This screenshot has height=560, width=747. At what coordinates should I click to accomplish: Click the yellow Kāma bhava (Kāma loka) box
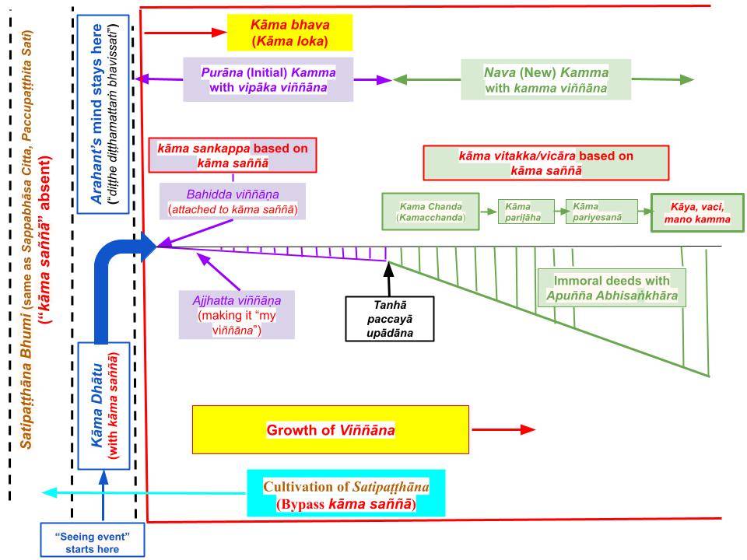[x=289, y=33]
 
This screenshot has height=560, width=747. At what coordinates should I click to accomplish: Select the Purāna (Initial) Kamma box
[x=268, y=79]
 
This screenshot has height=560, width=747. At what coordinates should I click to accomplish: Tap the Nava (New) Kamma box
[x=546, y=79]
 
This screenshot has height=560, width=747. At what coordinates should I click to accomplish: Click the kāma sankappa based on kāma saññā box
[x=233, y=156]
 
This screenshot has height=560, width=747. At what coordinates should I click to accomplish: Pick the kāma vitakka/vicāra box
[x=546, y=163]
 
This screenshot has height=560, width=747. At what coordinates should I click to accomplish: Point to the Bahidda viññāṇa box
[x=233, y=201]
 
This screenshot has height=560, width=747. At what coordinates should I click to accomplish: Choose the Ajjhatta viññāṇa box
[x=237, y=315]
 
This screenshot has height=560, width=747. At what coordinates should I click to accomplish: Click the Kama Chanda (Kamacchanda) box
[x=430, y=212]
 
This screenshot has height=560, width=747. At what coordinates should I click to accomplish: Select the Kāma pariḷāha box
[x=526, y=212]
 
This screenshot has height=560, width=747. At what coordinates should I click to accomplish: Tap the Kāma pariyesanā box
[x=601, y=212]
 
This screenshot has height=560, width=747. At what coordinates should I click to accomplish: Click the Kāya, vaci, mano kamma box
[x=697, y=213]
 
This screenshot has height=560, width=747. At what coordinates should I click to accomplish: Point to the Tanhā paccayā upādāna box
[x=390, y=319]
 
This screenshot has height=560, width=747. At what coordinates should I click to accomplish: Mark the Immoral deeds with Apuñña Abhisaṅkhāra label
[x=612, y=288]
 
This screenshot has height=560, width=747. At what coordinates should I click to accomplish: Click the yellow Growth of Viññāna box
[x=331, y=429]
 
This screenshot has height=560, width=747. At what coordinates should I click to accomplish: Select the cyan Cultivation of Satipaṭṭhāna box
[x=345, y=493]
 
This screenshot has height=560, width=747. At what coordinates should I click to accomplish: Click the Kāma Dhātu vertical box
[x=103, y=406]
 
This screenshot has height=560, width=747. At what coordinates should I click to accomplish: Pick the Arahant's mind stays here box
[x=103, y=114]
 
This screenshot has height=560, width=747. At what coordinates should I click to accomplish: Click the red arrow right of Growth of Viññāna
[x=503, y=429]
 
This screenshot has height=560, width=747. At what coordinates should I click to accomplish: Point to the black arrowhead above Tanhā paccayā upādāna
[x=389, y=270]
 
